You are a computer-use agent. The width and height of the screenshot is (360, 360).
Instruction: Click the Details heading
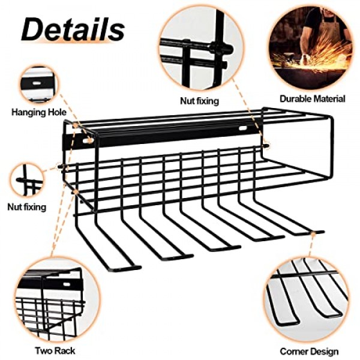[73, 29]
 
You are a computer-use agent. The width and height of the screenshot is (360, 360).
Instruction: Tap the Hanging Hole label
[39, 112]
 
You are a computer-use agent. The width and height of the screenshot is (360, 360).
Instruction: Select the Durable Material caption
[313, 99]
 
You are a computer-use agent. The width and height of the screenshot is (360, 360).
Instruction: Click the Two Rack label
[55, 350]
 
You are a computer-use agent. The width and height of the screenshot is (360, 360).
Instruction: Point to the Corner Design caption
[309, 351]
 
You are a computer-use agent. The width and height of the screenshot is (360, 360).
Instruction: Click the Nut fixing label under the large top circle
[199, 101]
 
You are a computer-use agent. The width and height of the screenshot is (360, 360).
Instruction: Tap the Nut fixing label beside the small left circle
[27, 207]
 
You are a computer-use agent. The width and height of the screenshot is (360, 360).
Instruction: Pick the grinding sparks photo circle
[310, 48]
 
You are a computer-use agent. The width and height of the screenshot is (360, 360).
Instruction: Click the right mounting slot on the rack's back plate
[243, 128]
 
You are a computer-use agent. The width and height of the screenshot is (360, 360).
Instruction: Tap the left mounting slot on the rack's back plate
[87, 140]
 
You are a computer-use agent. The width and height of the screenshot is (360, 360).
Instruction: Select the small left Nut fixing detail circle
[26, 179]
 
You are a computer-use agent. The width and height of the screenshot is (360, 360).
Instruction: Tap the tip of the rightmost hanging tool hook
[323, 232]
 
